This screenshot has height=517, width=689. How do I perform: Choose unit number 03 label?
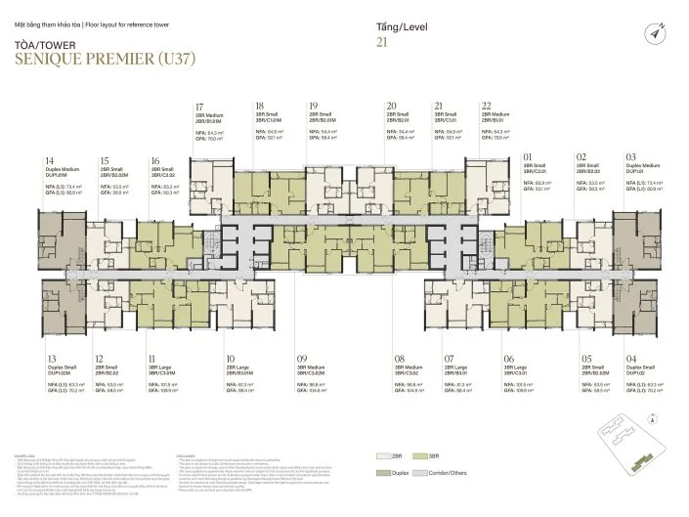[631, 156]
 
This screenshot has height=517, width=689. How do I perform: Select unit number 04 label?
[631, 360]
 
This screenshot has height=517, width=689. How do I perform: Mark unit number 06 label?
[508, 360]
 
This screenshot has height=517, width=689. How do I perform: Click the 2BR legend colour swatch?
[387, 456]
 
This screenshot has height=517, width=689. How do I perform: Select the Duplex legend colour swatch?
[387, 473]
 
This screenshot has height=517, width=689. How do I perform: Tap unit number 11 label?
[151, 360]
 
